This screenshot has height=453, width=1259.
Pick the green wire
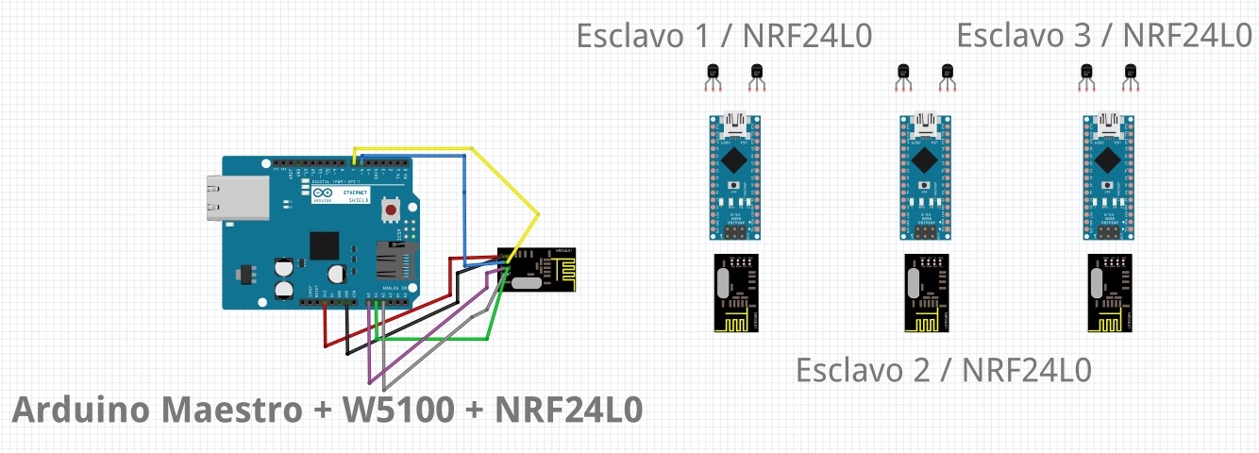tap(434, 338)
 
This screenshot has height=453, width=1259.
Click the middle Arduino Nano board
tap(923, 176)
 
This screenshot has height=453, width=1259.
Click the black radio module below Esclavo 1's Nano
tap(735, 293)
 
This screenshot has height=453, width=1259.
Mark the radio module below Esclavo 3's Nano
tap(1108, 293)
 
